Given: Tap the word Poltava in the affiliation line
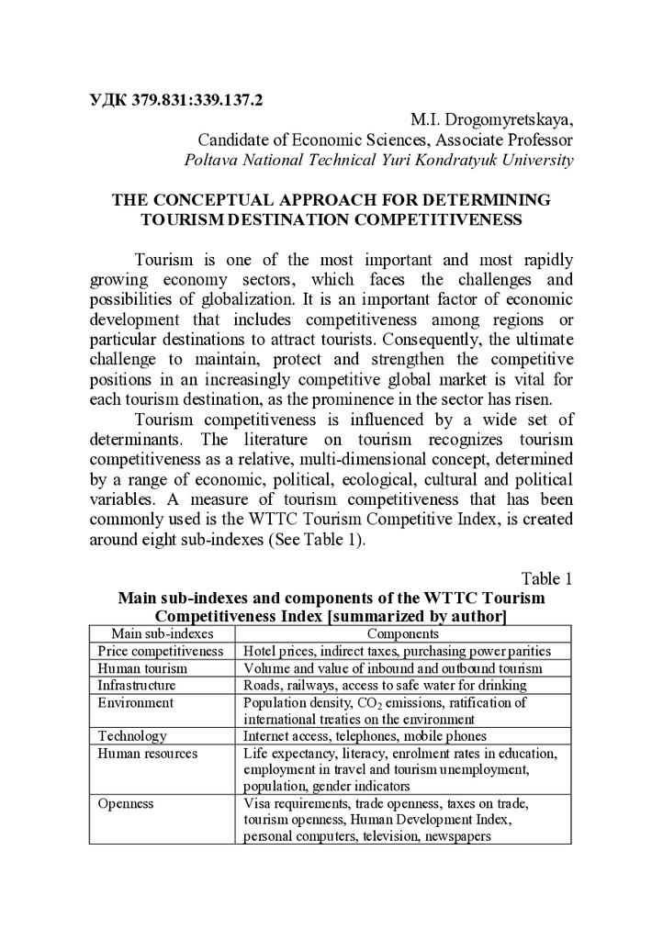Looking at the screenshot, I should [x=210, y=160].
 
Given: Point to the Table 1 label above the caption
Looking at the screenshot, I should [x=546, y=578].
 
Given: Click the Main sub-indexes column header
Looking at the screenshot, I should [x=162, y=633].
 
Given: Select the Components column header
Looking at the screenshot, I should [x=403, y=633].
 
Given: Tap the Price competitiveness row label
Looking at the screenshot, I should [x=161, y=651].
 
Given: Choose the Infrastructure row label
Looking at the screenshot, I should [x=136, y=686].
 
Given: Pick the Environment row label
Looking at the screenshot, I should [x=135, y=703].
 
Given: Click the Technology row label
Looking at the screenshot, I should [x=132, y=736].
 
